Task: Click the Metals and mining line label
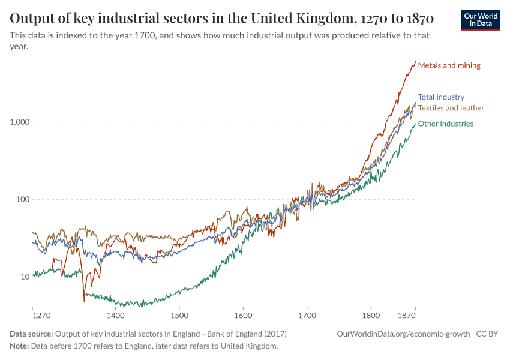tap(449, 65)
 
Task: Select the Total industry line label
tap(441, 97)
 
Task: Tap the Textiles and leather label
tap(451, 108)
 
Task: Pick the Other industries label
tap(445, 124)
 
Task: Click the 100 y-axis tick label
tap(22, 199)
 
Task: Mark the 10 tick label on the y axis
tap(24, 277)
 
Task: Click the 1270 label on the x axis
tap(41, 315)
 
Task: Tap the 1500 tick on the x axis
tap(179, 315)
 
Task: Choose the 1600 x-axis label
tap(242, 315)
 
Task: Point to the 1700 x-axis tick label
tap(307, 315)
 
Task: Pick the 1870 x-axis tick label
tap(407, 315)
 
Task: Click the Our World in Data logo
tap(480, 20)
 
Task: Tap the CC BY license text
tap(489, 334)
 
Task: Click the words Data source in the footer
tap(31, 334)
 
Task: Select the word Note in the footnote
tap(19, 346)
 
